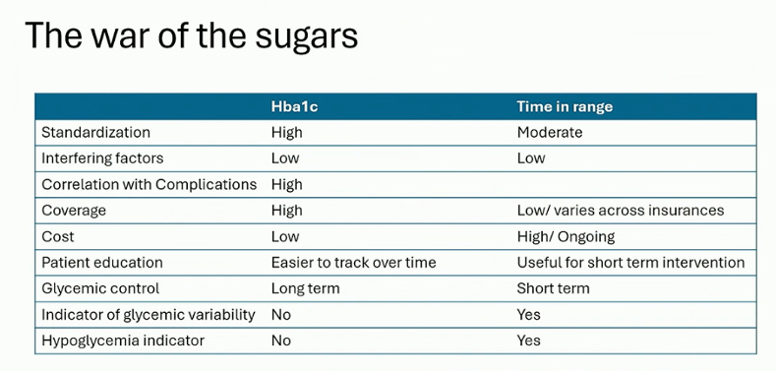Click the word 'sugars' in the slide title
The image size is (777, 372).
[x=306, y=35]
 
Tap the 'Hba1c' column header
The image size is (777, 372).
[x=294, y=106]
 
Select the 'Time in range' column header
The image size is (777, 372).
[x=565, y=106]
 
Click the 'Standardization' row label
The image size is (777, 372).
[x=95, y=133]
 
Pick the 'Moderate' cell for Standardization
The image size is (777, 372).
[x=550, y=133]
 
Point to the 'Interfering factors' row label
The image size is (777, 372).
[x=102, y=158]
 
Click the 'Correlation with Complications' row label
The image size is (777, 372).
[x=149, y=184]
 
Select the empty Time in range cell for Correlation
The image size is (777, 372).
[x=635, y=184]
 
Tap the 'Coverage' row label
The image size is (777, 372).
[x=74, y=211]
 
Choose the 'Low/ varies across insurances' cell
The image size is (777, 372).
[x=621, y=211]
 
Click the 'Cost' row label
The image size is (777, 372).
[x=58, y=236]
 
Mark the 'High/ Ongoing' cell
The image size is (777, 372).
[x=566, y=236]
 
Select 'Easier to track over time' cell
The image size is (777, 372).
[x=353, y=262]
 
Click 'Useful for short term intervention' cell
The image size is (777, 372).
[x=630, y=262]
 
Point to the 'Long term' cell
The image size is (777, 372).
[x=305, y=288]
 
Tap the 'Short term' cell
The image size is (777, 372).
[x=553, y=288]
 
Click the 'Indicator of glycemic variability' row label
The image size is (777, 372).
[x=149, y=315]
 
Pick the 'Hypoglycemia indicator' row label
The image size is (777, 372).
[x=123, y=341]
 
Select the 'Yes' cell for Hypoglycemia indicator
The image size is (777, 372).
[x=528, y=341]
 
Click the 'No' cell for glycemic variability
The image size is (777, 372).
[x=281, y=315]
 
